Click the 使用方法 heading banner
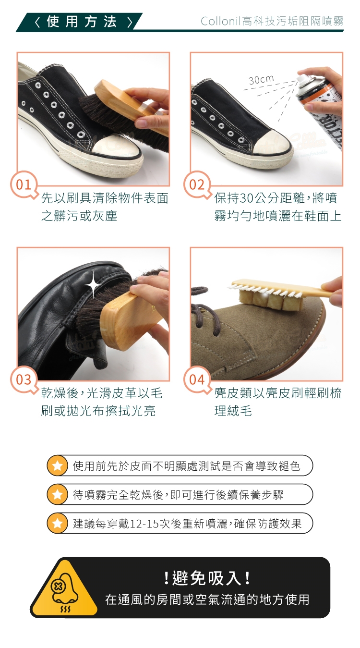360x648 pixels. [x=79, y=22]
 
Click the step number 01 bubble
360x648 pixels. [x=24, y=185]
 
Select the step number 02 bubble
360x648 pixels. [x=197, y=185]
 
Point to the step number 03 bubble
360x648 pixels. [x=24, y=380]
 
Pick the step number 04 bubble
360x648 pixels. [x=197, y=380]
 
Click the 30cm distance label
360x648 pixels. [x=261, y=80]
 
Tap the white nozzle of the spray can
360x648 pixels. [x=301, y=78]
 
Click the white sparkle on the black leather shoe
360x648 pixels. [x=93, y=285]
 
